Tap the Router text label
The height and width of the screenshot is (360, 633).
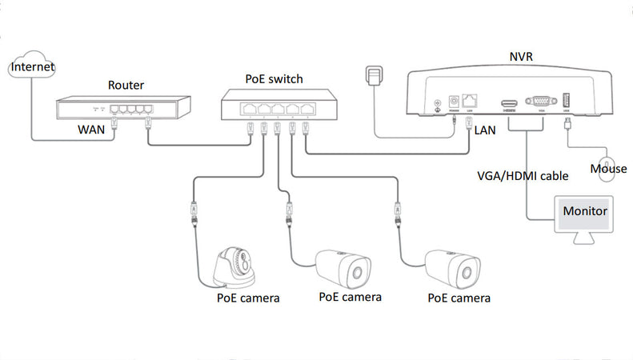coord(127,84)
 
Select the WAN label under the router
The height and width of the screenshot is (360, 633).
coord(93,128)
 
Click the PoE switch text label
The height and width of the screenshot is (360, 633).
coord(274,80)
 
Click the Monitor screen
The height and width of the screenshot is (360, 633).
coord(585,214)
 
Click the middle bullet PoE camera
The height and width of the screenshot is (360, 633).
coord(346,268)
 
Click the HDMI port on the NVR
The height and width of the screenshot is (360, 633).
coord(508,103)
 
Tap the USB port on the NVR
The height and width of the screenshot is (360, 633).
coord(566,101)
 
